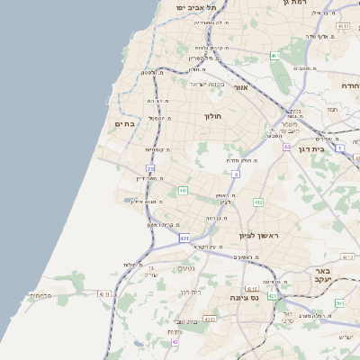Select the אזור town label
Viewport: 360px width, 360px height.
point(240,87)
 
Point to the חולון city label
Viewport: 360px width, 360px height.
point(212,116)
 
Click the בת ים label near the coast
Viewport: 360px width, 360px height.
point(123,124)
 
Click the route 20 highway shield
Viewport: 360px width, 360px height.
point(150,168)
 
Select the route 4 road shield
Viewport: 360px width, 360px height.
point(236,174)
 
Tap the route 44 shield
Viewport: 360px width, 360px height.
point(286,147)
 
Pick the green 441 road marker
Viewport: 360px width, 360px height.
point(183,191)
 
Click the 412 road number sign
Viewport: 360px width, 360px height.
point(258,202)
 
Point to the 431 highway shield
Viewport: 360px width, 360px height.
point(184,238)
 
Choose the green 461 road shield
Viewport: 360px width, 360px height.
point(274,57)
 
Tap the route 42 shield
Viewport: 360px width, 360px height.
point(175,342)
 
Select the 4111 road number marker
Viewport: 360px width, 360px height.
point(103,293)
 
